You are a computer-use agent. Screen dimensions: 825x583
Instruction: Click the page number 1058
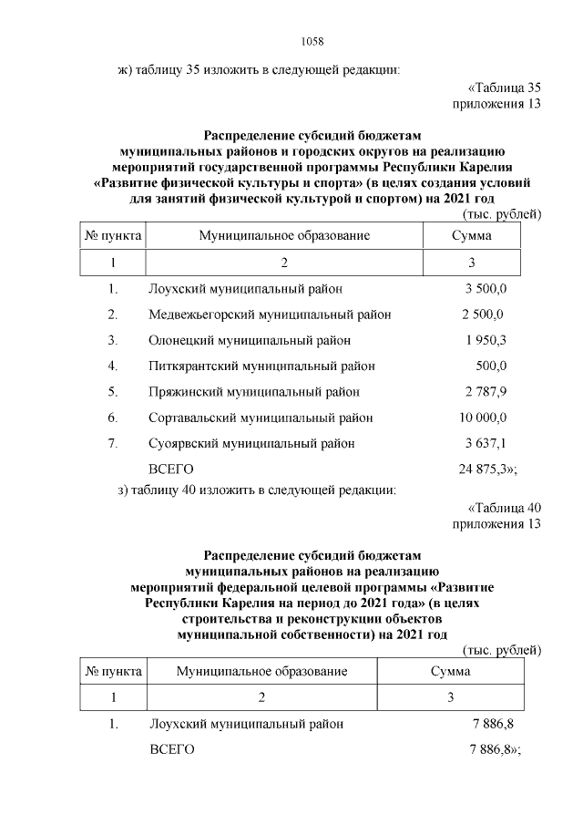coord(312,41)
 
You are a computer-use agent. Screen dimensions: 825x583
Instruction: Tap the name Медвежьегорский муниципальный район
coord(270,315)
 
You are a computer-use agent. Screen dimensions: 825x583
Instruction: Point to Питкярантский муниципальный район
coord(261,366)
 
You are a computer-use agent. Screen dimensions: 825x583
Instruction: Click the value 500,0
coord(491,366)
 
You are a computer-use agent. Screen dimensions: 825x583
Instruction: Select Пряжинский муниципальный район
coord(254,392)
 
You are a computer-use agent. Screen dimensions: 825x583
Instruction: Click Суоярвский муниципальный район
coord(251,443)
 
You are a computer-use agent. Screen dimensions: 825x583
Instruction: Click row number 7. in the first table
coord(113,443)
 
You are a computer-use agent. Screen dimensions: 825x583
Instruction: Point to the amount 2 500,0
coord(484,315)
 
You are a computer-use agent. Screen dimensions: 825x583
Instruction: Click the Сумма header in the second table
coord(451,671)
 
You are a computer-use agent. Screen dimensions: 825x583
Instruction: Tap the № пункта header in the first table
coord(113,235)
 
